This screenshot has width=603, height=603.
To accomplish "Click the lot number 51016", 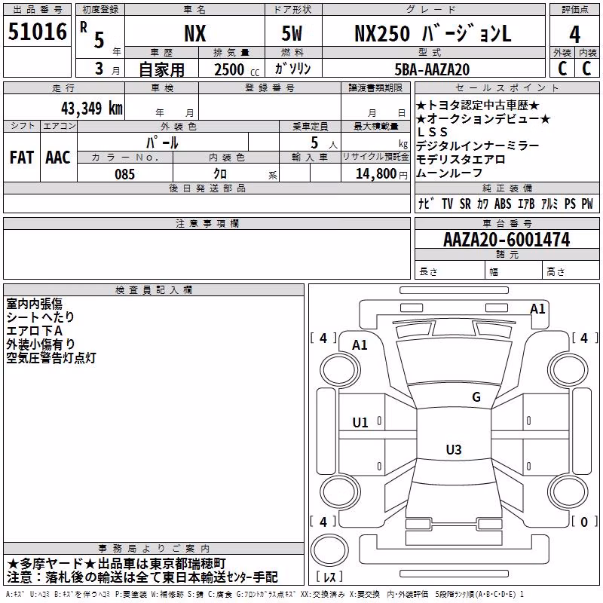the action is [37, 32].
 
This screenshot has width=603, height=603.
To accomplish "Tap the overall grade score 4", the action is [574, 35].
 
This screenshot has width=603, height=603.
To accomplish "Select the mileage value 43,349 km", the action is [91, 109].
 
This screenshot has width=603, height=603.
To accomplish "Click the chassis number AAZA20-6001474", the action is [507, 240].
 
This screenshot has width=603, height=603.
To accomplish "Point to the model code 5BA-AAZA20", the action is [432, 69].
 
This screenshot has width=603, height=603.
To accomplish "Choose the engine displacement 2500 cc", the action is [236, 69].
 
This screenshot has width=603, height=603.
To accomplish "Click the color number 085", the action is [124, 174].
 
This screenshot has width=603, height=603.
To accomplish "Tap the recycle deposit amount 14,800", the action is [375, 174].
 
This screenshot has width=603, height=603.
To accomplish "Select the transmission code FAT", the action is [22, 158].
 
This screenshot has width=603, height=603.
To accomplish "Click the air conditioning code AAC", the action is [58, 158].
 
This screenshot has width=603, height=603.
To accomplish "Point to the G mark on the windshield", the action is [476, 396].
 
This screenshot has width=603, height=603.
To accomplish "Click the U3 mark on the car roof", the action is [454, 449].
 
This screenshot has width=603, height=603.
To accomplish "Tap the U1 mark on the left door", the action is [360, 423].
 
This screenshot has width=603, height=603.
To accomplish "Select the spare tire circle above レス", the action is [329, 550].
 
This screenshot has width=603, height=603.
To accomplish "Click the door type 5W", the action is [292, 33].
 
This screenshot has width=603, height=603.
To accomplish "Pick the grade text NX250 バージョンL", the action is [433, 33].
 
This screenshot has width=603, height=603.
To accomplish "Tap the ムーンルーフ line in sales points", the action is [449, 173].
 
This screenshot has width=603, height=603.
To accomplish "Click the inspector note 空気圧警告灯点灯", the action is [51, 357].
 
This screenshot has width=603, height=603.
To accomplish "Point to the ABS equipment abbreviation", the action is [503, 204].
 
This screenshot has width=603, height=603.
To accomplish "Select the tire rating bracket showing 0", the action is [583, 522].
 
